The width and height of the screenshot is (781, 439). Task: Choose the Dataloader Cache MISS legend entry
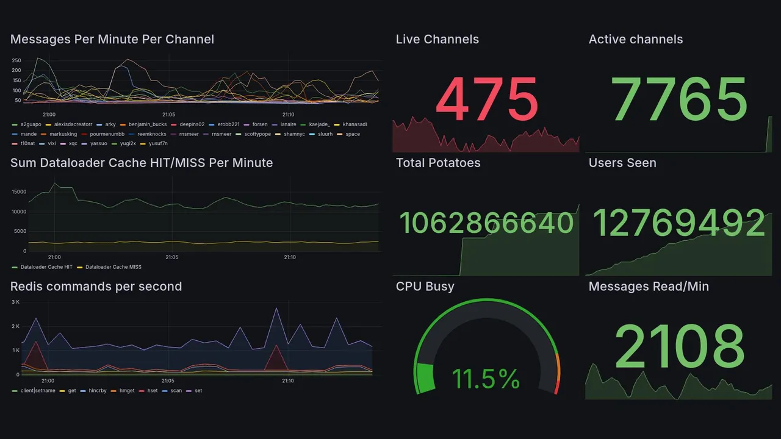click(x=113, y=267)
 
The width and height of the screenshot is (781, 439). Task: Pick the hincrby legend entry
click(x=97, y=390)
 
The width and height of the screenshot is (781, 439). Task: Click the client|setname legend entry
click(x=37, y=390)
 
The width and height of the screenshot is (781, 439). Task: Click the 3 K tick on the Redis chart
click(x=16, y=302)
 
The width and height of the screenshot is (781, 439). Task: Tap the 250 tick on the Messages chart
click(x=16, y=60)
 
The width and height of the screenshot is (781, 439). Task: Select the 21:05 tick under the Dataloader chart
click(x=172, y=257)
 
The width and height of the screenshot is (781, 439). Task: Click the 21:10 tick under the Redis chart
click(x=288, y=381)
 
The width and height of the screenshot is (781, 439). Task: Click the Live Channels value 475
click(x=486, y=100)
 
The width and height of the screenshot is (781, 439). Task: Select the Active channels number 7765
click(x=680, y=100)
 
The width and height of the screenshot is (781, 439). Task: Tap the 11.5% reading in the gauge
click(x=486, y=379)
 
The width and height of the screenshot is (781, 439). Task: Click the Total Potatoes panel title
click(x=438, y=163)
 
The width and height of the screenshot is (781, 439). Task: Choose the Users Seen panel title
click(x=622, y=163)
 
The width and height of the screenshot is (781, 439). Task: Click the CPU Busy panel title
click(x=425, y=287)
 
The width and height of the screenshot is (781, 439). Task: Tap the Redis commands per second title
click(x=96, y=287)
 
